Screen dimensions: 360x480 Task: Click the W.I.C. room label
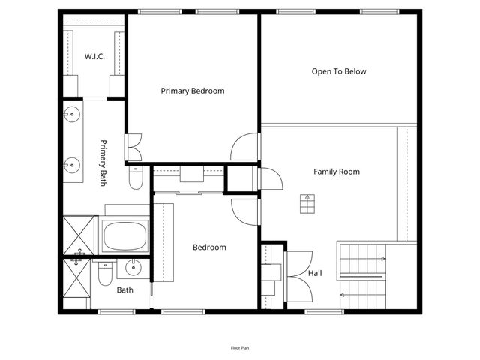click(x=94, y=56)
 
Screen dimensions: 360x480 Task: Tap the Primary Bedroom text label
click(x=193, y=91)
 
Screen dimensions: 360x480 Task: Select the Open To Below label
click(x=339, y=71)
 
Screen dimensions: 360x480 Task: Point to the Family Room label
click(x=336, y=172)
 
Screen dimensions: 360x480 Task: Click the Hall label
click(x=315, y=274)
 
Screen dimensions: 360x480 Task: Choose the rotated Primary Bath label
click(x=103, y=163)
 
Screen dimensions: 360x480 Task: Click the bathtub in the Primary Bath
click(x=126, y=235)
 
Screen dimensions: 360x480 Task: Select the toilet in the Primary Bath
click(x=135, y=178)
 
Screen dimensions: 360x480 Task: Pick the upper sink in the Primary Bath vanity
click(x=73, y=115)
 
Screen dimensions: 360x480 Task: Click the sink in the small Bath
click(x=133, y=268)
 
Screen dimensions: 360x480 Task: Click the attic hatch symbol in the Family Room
click(x=307, y=203)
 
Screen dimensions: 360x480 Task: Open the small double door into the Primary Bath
click(x=133, y=148)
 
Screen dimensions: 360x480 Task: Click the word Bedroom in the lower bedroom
click(x=209, y=247)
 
